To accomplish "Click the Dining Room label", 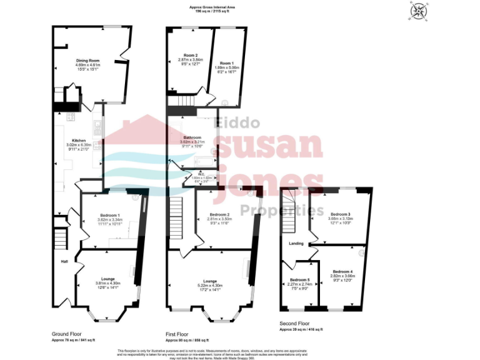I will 87,61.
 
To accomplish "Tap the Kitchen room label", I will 79,141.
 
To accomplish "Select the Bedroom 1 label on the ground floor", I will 108,215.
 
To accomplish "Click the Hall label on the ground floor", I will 64,261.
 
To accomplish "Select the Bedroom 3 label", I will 340,214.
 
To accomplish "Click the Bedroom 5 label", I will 300,279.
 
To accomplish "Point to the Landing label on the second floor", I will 296,243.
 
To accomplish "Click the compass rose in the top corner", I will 416,12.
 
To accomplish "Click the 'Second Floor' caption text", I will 295,323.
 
